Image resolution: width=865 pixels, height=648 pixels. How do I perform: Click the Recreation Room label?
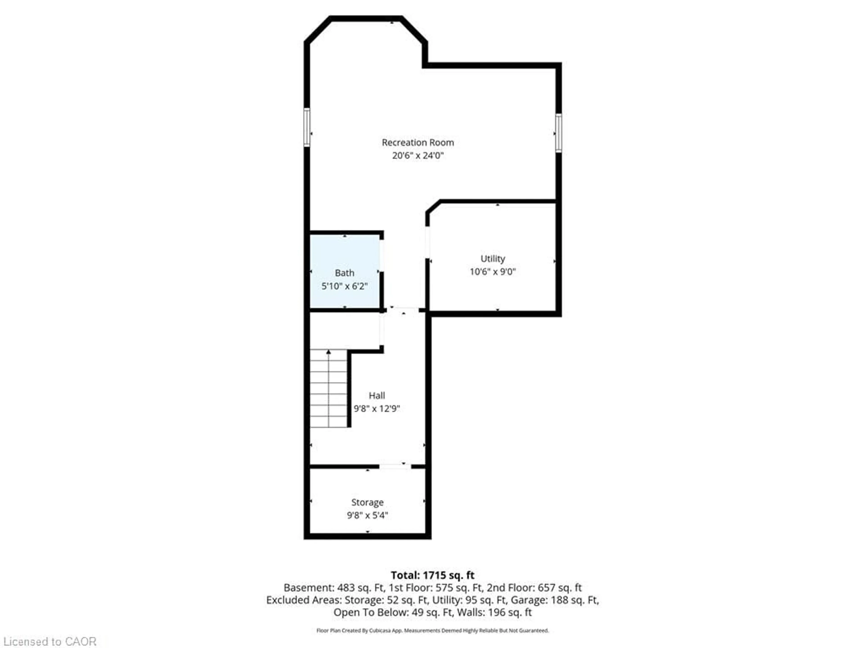coord(418,143)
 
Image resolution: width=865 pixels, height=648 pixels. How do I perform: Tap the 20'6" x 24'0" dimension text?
coord(418,155)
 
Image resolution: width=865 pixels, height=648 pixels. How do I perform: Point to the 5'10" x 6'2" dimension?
coord(344,286)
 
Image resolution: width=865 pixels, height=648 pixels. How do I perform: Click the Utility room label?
coord(492,259)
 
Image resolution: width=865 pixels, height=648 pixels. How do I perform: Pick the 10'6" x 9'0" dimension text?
coord(492,272)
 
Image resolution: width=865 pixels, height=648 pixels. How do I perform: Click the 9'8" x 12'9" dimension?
coord(377,409)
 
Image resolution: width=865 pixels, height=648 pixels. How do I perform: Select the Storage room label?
coord(367,502)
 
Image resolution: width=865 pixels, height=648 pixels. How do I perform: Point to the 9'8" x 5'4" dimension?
coord(367,515)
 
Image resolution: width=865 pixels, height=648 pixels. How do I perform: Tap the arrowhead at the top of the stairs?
coord(328,352)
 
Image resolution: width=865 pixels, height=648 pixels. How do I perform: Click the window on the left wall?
coord(307,127)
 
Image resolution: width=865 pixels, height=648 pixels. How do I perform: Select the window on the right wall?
coord(558,133)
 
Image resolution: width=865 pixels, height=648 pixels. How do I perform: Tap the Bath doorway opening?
coord(382,254)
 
